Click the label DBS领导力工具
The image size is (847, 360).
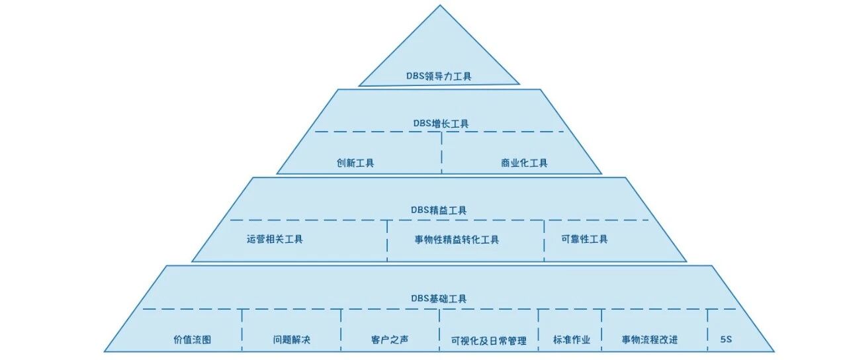pos(439,76)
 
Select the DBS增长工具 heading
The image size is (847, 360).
pos(441,123)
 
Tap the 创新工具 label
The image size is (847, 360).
pos(355,163)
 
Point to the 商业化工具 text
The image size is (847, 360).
pos(524,163)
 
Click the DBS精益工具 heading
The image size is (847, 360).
pos(439,210)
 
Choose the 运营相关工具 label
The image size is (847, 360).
pos(275,239)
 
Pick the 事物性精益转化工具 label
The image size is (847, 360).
pos(457,240)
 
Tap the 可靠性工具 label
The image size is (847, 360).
pos(584,239)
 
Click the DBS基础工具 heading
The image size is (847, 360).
pos(439,298)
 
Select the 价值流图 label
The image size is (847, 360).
pos(192,339)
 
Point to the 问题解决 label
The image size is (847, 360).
pos(292,339)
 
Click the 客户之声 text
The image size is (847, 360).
pos(390,339)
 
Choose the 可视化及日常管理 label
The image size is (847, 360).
pos(488,341)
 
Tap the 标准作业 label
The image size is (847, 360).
pos(572,339)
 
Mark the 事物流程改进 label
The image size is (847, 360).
pos(650,339)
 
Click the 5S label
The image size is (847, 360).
pos(726,339)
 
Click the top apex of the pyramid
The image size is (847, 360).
pos(440,5)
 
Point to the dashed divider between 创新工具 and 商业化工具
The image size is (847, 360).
pos(441,153)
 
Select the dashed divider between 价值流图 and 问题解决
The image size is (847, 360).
pos(242,330)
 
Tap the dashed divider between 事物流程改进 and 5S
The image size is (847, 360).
pos(707,330)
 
